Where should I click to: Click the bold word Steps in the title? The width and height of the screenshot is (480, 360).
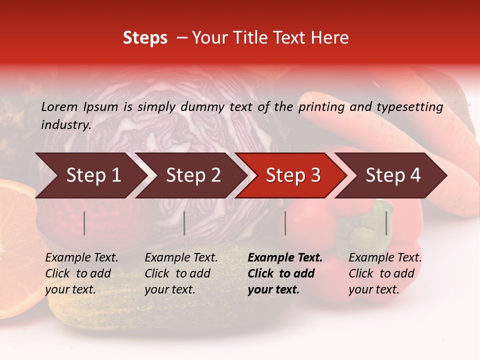tap(145, 38)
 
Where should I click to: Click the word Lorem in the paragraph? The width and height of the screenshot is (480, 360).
tap(59, 107)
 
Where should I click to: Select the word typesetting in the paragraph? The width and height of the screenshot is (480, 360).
tap(409, 107)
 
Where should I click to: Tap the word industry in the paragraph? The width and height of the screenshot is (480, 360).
tap(66, 125)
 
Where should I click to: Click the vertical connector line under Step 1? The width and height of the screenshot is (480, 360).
tap(84, 223)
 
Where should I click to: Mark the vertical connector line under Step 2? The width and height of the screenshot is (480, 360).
tap(184, 223)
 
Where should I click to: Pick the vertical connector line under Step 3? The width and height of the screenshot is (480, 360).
tap(285, 223)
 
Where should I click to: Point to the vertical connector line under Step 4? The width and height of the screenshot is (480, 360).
tap(386, 223)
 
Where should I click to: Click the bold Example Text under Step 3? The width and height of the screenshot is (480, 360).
tap(285, 258)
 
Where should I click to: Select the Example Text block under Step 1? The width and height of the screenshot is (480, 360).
tap(81, 273)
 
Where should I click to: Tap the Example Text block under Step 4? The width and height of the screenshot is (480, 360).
tap(385, 273)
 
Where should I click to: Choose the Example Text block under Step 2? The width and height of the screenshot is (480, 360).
tap(181, 273)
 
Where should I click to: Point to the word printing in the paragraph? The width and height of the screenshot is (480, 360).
tap(323, 107)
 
